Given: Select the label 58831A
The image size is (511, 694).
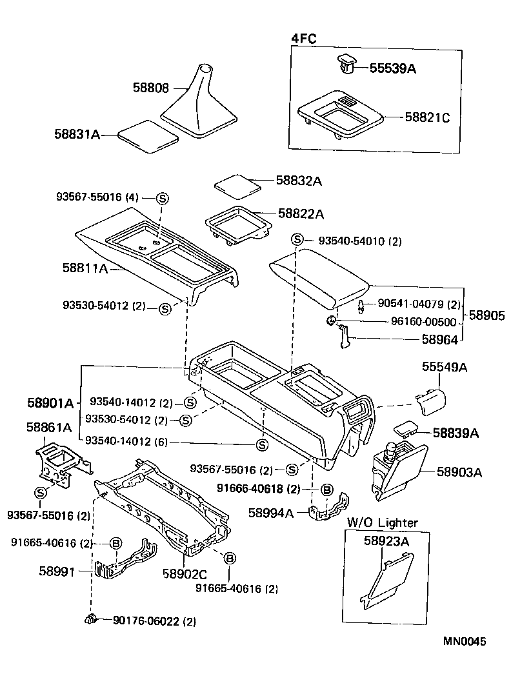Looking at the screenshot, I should [77, 134].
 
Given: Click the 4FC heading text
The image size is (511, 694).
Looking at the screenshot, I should [303, 39].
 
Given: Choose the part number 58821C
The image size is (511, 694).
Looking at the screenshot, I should [427, 117].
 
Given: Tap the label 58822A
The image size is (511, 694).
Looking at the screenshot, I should [301, 213].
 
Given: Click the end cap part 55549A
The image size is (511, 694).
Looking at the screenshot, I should [430, 400].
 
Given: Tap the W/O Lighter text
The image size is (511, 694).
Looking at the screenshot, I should [382, 522].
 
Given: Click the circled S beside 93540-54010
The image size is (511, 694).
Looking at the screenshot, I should [297, 241].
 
